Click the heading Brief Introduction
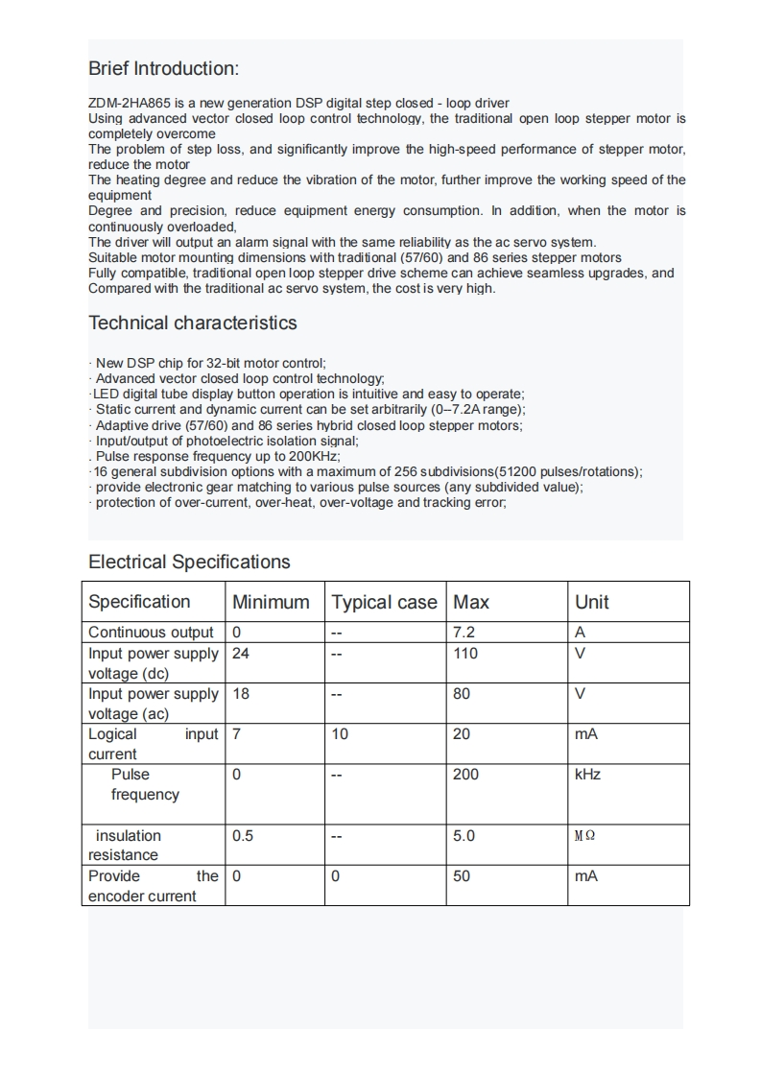point(163,69)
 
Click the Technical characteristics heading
point(193,323)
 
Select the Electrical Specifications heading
point(189,562)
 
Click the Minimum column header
point(271,602)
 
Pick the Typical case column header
point(384,602)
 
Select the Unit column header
point(591,602)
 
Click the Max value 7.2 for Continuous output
point(464,633)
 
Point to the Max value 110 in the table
point(465,654)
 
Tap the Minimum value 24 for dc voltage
point(241,654)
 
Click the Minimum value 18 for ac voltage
point(241,694)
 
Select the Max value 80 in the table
point(462,694)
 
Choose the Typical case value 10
point(340,734)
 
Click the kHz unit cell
point(587,775)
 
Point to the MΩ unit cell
point(584,836)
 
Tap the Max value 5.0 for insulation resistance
point(464,836)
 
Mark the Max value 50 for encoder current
point(462,876)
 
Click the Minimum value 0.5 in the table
point(243,836)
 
